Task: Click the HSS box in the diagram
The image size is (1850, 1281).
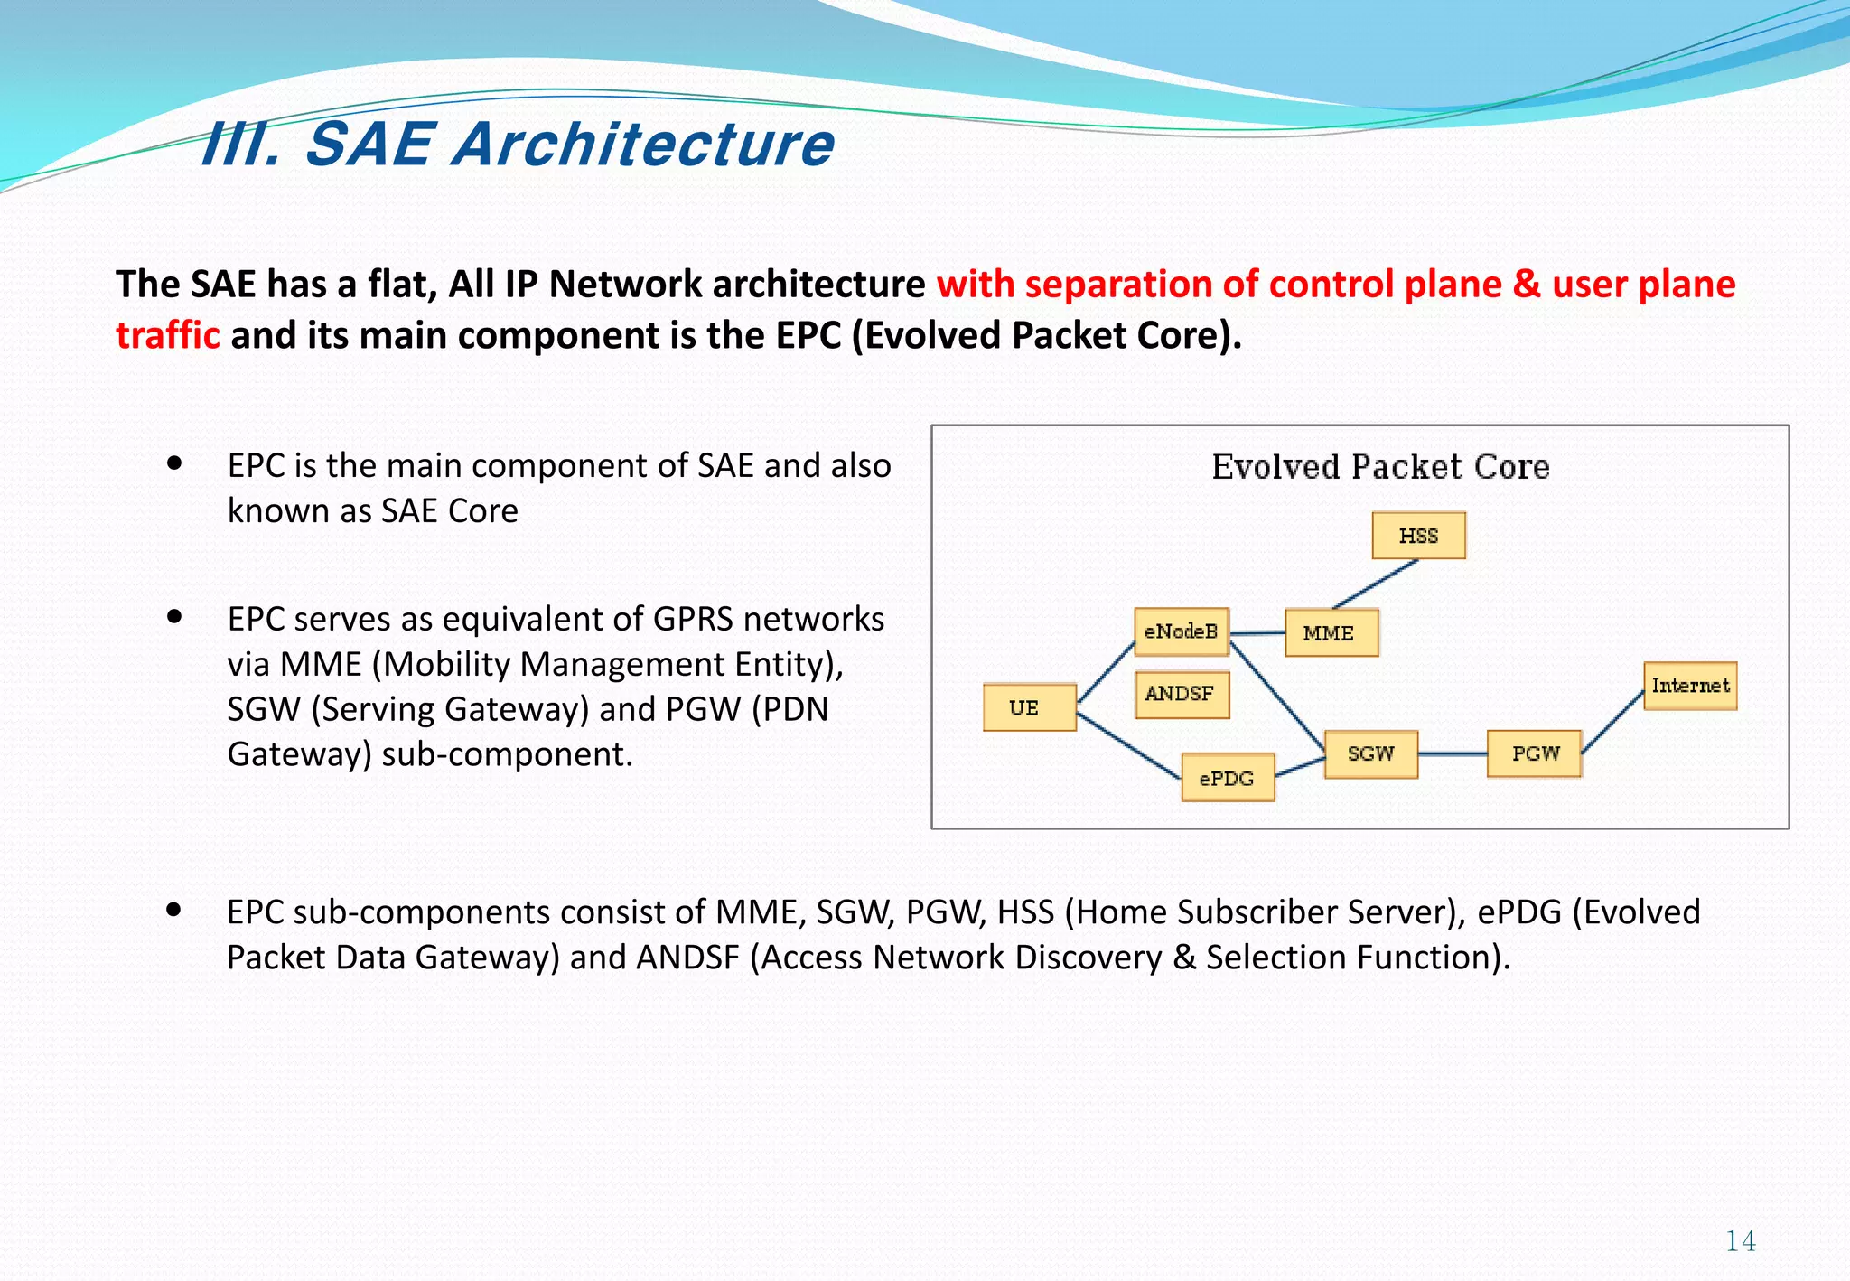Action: (1418, 536)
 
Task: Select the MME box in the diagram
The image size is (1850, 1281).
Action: (1331, 632)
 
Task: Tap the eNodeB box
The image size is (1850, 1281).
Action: (1181, 631)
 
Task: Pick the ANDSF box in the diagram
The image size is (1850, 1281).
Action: (1181, 694)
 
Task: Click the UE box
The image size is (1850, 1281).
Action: (1029, 707)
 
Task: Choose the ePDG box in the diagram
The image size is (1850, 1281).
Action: (1228, 778)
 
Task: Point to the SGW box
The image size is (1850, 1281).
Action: (1370, 753)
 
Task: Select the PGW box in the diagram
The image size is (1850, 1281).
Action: (1534, 753)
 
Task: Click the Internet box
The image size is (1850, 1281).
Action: (1689, 686)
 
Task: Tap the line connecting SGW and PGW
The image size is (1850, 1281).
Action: (1453, 753)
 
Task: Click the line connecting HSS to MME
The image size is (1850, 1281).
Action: (1376, 584)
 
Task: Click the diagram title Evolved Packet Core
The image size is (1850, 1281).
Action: (1379, 467)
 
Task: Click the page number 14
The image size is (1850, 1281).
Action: (1740, 1241)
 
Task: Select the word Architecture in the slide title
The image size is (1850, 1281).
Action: (643, 145)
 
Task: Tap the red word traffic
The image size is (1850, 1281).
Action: (168, 335)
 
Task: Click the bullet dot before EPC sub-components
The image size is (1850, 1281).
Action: (174, 911)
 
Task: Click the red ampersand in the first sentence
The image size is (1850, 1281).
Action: (1527, 284)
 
